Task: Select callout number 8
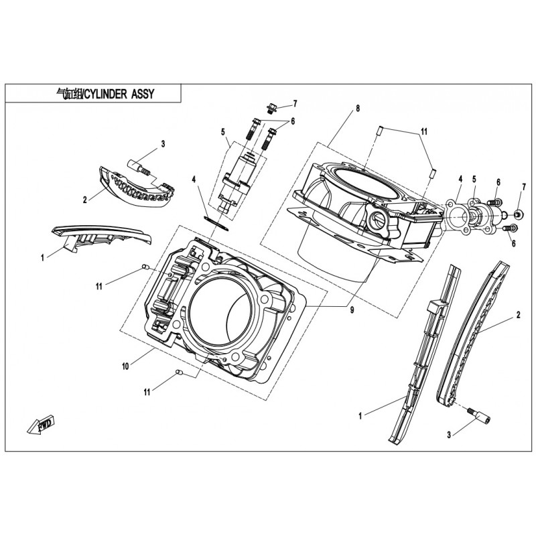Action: coord(358,108)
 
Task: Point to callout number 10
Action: coord(125,366)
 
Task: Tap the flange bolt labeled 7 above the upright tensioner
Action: coord(272,107)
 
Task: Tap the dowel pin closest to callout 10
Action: coord(178,372)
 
